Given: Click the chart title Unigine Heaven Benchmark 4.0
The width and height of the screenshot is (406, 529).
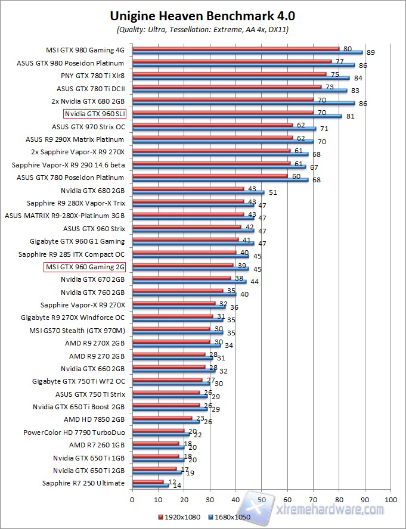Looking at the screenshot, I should pyautogui.click(x=203, y=15).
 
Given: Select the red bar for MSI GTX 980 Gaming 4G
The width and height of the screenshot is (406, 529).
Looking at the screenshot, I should pyautogui.click(x=235, y=48).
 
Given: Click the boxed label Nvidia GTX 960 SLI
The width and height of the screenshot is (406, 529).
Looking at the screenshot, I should pyautogui.click(x=95, y=113).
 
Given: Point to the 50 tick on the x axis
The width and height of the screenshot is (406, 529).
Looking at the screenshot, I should pyautogui.click(x=262, y=499).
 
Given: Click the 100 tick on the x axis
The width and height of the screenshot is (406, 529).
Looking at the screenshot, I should pyautogui.click(x=390, y=499).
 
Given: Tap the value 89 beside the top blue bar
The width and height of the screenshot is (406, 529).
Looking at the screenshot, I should pyautogui.click(x=371, y=53).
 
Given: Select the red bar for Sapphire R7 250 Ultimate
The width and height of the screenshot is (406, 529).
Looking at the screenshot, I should pyautogui.click(x=148, y=481).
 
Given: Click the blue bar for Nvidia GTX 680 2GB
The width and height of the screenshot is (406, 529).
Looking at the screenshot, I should pyautogui.click(x=198, y=192).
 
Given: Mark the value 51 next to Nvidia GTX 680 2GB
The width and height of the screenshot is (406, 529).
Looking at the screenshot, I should pyautogui.click(x=273, y=192).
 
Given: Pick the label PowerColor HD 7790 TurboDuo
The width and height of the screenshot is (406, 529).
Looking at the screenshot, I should pyautogui.click(x=74, y=432).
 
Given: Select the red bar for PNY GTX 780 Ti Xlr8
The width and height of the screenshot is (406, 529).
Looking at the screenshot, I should pyautogui.click(x=229, y=74).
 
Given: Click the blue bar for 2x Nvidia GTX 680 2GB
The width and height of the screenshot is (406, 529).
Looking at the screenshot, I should pyautogui.click(x=243, y=102).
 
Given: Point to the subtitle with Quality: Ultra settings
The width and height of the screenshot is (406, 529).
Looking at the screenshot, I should pyautogui.click(x=203, y=29).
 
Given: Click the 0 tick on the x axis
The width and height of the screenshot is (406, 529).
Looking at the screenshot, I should pyautogui.click(x=132, y=499).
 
